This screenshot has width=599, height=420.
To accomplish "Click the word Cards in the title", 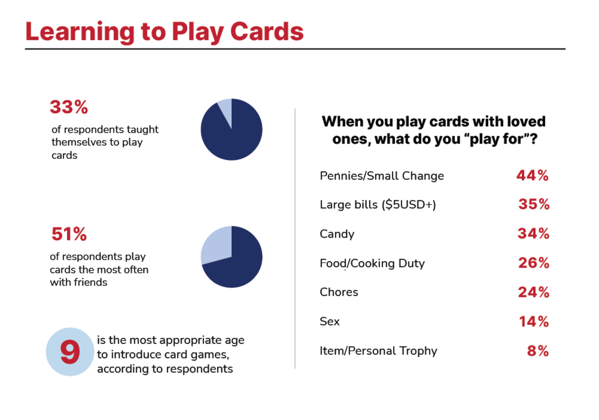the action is tap(267, 32).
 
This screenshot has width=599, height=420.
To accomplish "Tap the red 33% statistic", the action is tap(69, 107).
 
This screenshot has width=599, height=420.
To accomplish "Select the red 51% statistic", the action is tap(69, 234).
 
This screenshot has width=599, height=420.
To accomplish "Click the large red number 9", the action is tap(70, 352).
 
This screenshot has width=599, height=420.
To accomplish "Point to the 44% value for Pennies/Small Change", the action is tap(533, 176).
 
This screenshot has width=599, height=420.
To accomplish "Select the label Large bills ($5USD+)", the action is tap(378, 204).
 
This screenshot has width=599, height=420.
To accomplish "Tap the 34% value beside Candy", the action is tap(533, 233).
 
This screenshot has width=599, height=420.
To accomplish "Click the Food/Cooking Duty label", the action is tap(372, 263).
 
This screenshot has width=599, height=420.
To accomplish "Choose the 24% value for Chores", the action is tap(534, 292).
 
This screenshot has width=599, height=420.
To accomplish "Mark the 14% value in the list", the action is tap(534, 321).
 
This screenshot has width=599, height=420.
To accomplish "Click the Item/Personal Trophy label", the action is tap(378, 351).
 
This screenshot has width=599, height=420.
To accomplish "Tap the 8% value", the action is tap(538, 351).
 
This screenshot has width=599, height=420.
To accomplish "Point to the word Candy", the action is tap(337, 234).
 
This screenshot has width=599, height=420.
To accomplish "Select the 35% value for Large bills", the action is tap(534, 204).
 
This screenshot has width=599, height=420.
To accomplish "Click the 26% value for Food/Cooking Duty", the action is tap(534, 263).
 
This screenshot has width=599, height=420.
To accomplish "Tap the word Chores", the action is tap(339, 292).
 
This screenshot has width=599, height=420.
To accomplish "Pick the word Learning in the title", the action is tap(80, 32).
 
